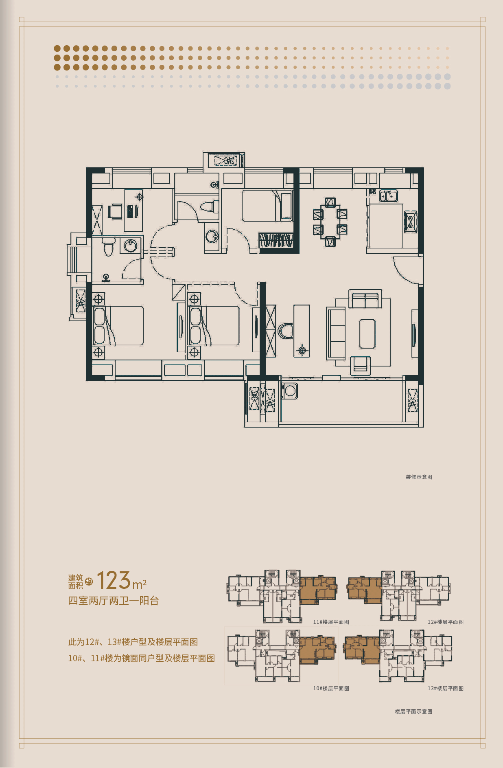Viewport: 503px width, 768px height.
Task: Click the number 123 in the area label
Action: [114, 580]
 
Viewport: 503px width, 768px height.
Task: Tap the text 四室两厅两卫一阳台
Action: [114, 601]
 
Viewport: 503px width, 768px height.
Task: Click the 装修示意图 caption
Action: [419, 477]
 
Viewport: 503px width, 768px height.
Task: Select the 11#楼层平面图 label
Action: [331, 622]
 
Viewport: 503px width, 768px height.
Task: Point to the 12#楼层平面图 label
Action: [446, 622]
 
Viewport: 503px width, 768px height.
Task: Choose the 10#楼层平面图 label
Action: [331, 688]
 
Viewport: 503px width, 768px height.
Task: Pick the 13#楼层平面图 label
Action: [446, 688]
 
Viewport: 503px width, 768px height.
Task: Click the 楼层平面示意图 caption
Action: [413, 711]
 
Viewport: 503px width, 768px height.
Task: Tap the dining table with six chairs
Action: [330, 222]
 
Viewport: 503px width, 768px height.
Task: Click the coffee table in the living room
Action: [367, 334]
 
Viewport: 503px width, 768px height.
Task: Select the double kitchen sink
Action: [389, 196]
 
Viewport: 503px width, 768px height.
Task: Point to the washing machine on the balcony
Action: [290, 391]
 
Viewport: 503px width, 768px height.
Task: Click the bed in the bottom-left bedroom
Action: [118, 326]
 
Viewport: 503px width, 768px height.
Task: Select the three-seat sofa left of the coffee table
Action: [336, 334]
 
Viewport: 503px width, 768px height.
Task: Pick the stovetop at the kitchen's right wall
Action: [410, 222]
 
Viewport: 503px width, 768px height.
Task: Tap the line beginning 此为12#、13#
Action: [133, 642]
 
